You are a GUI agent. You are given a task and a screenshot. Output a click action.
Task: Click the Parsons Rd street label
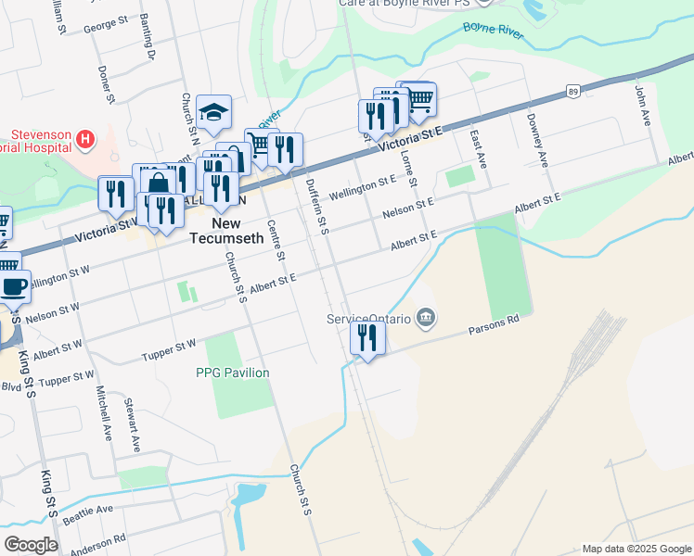point(495,325)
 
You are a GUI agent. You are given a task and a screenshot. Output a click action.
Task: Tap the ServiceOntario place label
point(368,318)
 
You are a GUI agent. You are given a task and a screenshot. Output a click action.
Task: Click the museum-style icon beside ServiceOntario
point(426,318)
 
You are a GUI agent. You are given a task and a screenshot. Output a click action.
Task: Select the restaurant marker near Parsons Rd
point(368,338)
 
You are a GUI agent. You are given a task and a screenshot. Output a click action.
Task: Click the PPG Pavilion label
point(232,373)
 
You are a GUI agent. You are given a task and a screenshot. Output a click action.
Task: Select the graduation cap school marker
point(214,114)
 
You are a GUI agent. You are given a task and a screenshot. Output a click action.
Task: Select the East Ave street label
point(479,147)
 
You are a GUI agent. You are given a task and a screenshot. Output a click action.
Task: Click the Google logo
point(32,544)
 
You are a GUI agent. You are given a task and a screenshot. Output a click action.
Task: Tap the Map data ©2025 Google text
point(636,549)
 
